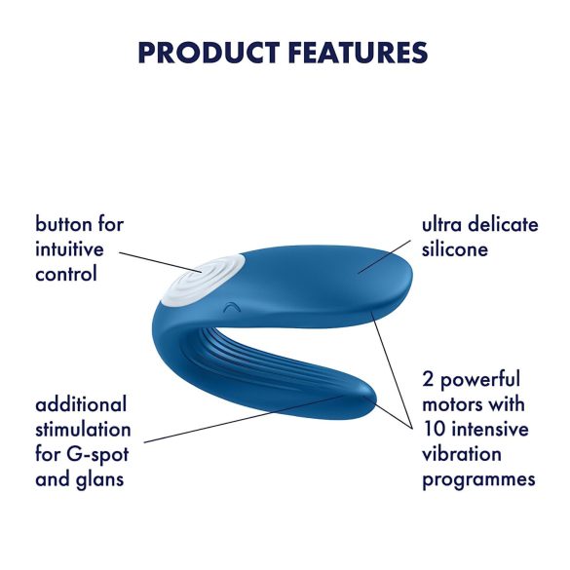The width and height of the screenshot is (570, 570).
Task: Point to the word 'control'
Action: [66, 274]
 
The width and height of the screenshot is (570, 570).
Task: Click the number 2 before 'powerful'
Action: [429, 378]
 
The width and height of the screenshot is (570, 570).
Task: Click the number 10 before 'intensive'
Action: [435, 429]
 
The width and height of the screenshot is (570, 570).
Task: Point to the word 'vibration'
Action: [463, 454]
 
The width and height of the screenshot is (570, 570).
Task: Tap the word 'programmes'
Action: [479, 479]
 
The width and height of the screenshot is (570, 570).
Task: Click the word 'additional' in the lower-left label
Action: [82, 403]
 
